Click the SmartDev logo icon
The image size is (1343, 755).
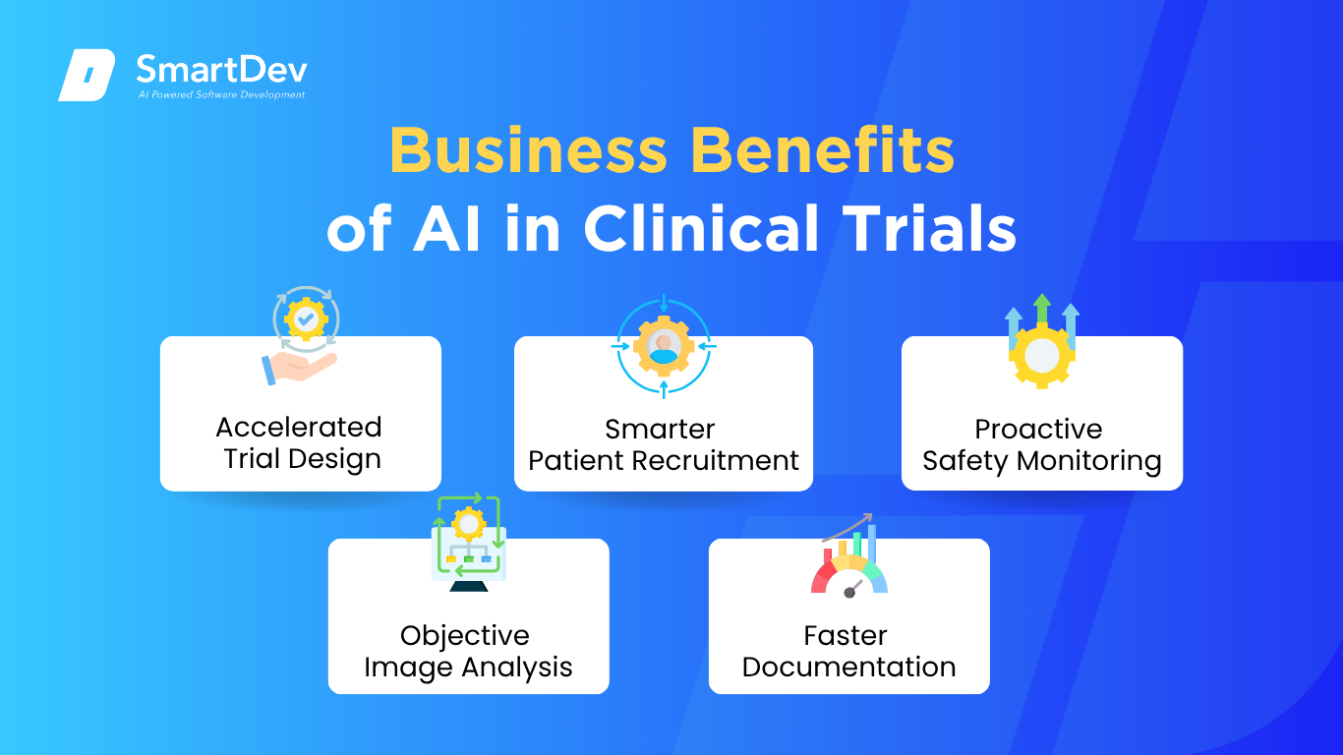point(87,75)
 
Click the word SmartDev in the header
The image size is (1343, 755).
point(221,69)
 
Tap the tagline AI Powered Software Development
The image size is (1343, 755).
point(221,94)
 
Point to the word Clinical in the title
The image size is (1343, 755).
point(701,228)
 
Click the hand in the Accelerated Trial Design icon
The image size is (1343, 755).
point(299,367)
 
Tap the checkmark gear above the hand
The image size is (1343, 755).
point(306,319)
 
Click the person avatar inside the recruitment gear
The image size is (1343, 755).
point(663,348)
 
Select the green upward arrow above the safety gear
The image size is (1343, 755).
point(1042,309)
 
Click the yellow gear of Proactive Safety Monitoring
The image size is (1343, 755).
point(1042,355)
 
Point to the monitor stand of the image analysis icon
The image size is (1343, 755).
point(468,585)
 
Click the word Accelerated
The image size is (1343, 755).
point(299,427)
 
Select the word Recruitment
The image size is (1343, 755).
point(715,460)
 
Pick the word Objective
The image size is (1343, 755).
point(465,636)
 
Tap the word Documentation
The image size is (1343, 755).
point(849,667)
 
